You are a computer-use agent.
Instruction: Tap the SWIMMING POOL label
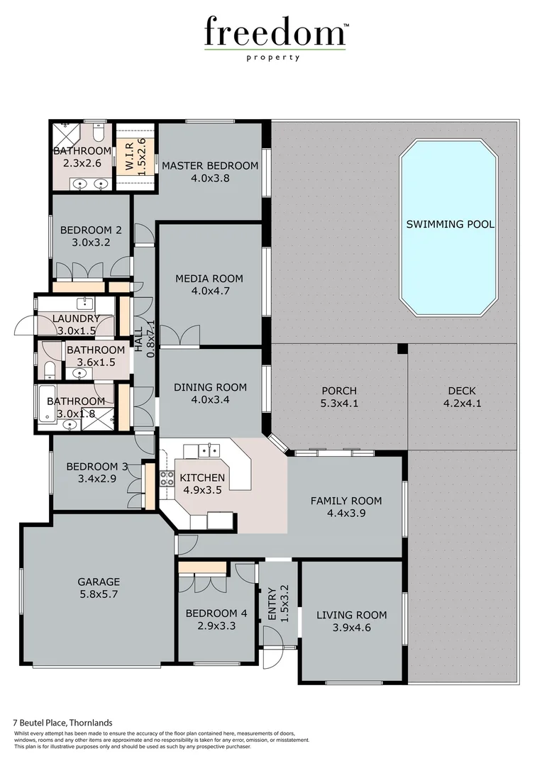click(450, 224)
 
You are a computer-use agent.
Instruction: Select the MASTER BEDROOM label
click(210, 166)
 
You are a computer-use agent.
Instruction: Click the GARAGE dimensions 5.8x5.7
click(99, 594)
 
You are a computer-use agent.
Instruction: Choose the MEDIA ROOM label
click(209, 278)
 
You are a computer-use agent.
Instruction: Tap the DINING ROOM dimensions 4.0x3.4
click(210, 399)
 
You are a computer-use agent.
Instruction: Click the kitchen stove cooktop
click(167, 478)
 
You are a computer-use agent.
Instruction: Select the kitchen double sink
click(207, 450)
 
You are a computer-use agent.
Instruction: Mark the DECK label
click(462, 391)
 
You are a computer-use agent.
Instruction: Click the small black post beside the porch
click(402, 348)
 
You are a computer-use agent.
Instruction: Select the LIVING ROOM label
click(352, 615)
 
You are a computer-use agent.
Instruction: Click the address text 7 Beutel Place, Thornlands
click(63, 723)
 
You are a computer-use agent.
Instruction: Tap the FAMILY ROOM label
click(346, 501)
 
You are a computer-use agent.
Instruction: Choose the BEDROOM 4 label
click(216, 614)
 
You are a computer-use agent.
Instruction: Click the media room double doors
click(179, 335)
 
